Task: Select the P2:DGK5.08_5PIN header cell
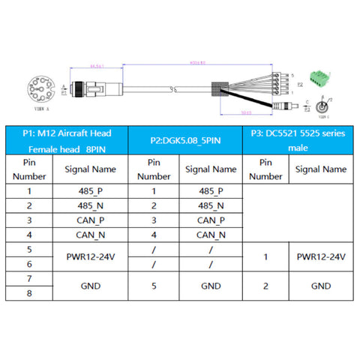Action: coord(185,140)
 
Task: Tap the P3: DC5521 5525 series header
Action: coord(298,140)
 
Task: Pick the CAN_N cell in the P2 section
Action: coord(211,235)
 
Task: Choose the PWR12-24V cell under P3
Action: coord(321,256)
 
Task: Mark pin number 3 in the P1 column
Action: coord(29,220)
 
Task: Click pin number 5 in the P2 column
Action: coord(153,286)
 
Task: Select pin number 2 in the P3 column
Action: coord(265,286)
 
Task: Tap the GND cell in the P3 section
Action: coord(321,286)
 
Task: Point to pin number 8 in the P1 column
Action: coord(29,293)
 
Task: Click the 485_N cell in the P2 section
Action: coord(211,205)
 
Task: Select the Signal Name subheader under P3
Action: coord(321,169)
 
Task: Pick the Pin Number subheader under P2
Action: coord(153,169)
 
